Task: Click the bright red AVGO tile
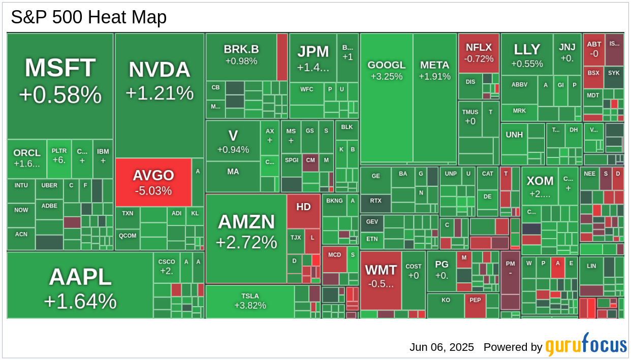(x=153, y=182)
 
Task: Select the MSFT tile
(x=60, y=81)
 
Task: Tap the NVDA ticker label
(x=159, y=70)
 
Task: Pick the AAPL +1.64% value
(x=80, y=302)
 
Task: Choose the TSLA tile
(x=250, y=301)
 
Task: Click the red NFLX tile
(x=479, y=53)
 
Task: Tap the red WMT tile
(x=381, y=276)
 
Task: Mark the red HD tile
(x=303, y=210)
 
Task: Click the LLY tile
(x=527, y=55)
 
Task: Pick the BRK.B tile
(x=241, y=55)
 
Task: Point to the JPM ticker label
(x=313, y=52)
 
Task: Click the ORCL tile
(x=27, y=158)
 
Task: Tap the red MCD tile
(x=334, y=258)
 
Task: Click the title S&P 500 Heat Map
(x=89, y=17)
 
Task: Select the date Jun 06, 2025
(x=441, y=347)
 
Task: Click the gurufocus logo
(x=586, y=346)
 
